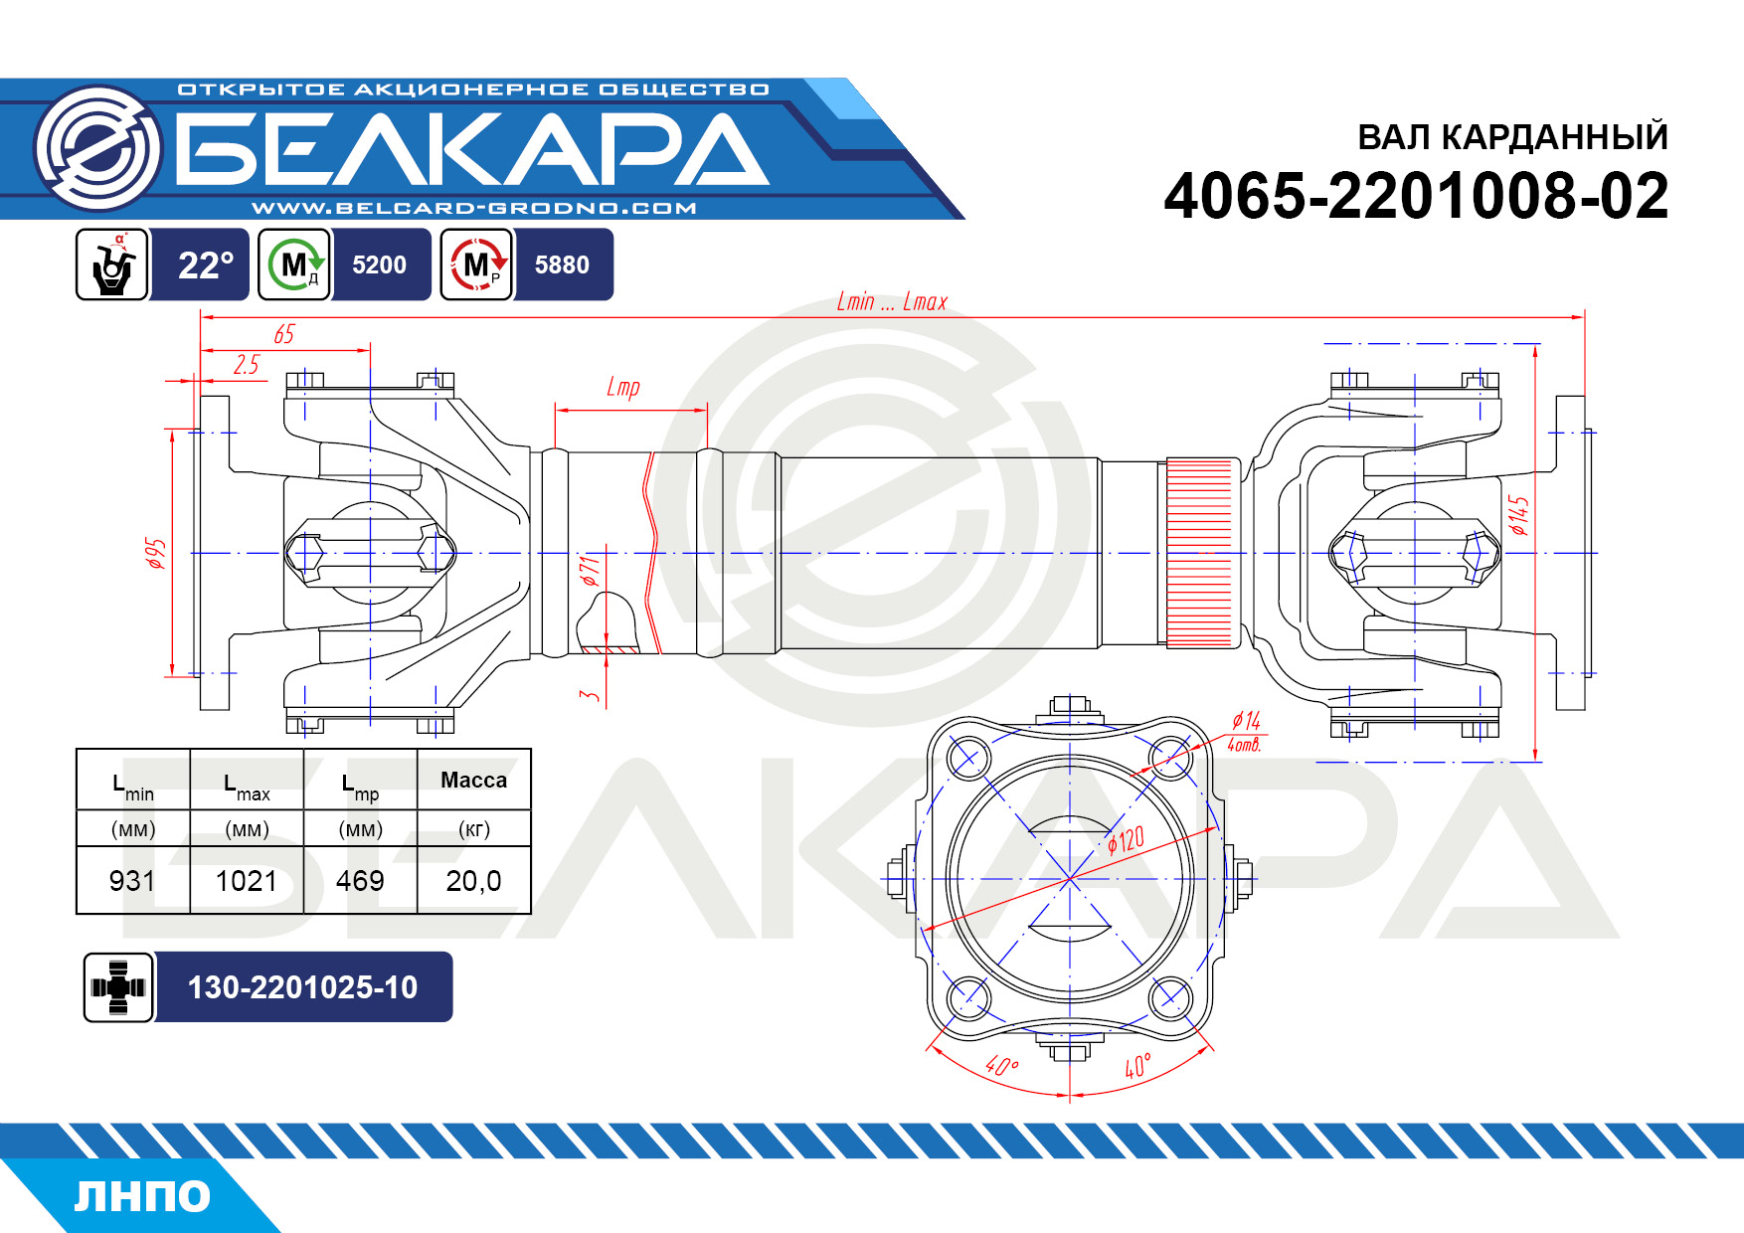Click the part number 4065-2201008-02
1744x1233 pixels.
pyautogui.click(x=1416, y=196)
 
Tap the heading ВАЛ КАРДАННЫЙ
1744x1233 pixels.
pyautogui.click(x=1512, y=137)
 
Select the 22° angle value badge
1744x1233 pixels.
pyautogui.click(x=205, y=264)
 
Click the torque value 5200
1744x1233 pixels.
pyautogui.click(x=379, y=264)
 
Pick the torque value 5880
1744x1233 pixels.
pyautogui.click(x=562, y=264)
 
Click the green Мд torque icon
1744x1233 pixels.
pyautogui.click(x=294, y=264)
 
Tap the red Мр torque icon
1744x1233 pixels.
pyautogui.click(x=477, y=264)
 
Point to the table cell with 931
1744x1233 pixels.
pyautogui.click(x=132, y=881)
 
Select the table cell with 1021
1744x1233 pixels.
pyautogui.click(x=247, y=881)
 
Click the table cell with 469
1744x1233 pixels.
pyautogui.click(x=360, y=881)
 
